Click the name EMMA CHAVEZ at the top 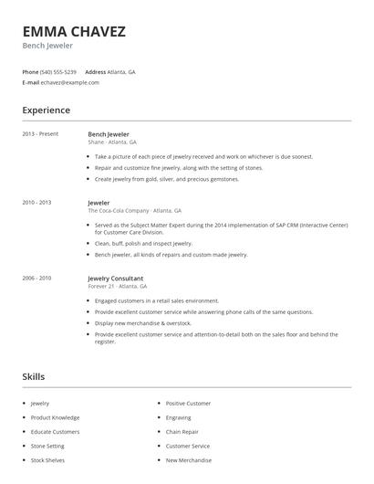tap(74, 31)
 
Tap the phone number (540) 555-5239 tap(58, 71)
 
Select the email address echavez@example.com tap(70, 82)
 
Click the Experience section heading tap(46, 110)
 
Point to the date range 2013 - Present tap(40, 134)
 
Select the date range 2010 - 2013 tap(36, 203)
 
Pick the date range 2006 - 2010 tap(36, 278)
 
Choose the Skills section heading tap(34, 375)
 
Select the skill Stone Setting tap(47, 446)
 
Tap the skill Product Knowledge tap(55, 417)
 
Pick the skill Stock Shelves tap(48, 460)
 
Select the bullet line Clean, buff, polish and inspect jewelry tap(143, 244)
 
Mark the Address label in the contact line tap(96, 71)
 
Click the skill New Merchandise tap(188, 460)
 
